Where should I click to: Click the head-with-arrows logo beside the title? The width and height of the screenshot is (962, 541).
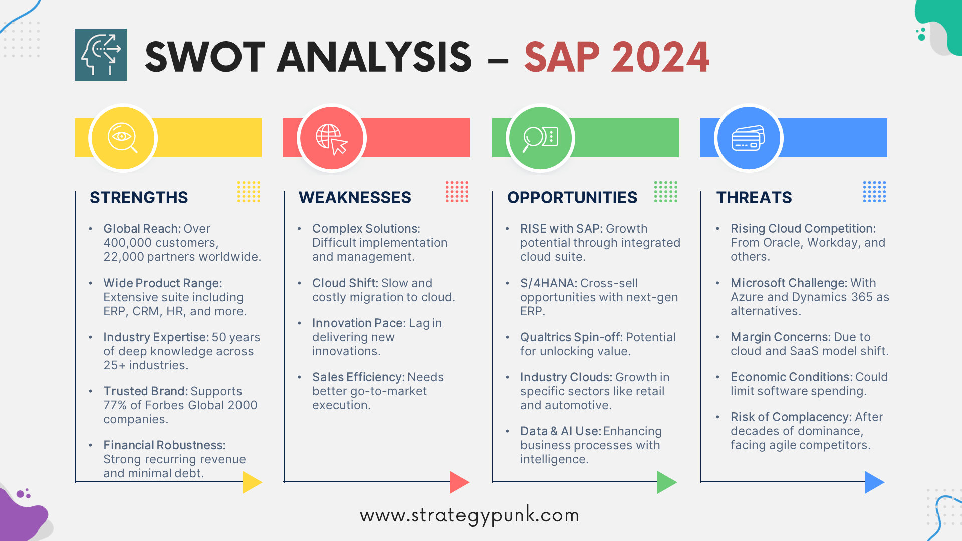(101, 55)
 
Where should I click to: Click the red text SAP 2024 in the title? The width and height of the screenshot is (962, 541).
(616, 57)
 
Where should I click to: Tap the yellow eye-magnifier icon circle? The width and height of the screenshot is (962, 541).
(123, 138)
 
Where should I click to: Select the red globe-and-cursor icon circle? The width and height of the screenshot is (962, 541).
(332, 138)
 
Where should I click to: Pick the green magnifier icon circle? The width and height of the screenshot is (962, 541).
(540, 138)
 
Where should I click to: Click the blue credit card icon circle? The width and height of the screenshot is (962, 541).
(749, 138)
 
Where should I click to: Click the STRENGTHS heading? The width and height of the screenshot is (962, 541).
(139, 197)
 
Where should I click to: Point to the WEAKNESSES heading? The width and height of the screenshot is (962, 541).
(355, 197)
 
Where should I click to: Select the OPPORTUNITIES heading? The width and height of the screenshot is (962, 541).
(572, 197)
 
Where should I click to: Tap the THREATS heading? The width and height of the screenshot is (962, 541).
(754, 197)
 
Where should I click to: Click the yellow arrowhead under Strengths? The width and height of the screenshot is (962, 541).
(251, 482)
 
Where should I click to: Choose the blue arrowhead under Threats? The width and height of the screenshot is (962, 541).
(873, 482)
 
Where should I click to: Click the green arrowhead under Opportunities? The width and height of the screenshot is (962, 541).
(666, 482)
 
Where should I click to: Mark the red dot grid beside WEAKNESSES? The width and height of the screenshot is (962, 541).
(457, 192)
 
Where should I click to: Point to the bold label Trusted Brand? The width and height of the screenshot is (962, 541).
(145, 391)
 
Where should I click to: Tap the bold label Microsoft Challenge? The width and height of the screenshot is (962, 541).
(788, 283)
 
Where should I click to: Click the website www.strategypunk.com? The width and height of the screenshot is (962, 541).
(469, 515)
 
